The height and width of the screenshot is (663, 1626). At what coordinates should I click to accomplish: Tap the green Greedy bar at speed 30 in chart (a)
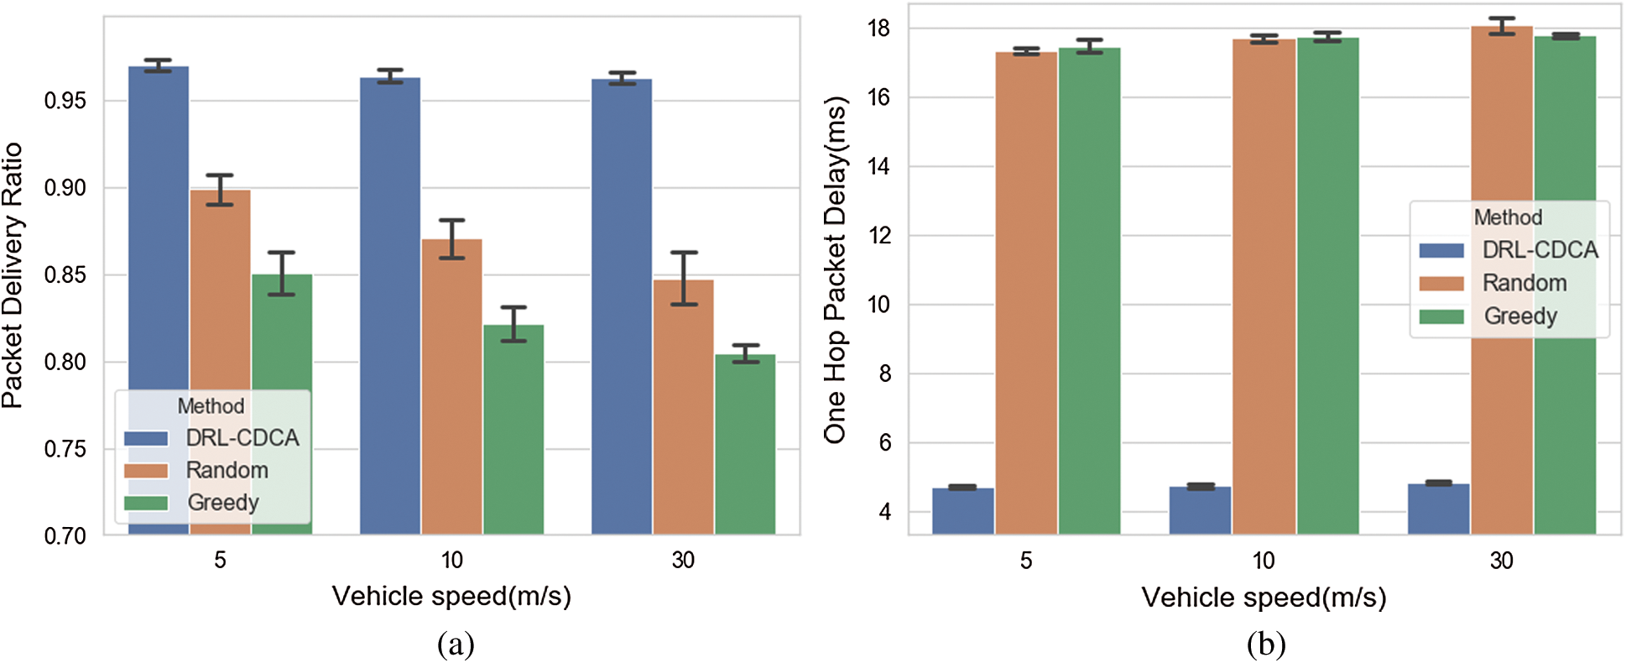745,445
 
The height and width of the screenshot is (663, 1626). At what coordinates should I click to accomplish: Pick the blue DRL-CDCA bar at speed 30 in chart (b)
1438,509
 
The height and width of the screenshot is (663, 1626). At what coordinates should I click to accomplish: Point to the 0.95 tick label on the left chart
65,102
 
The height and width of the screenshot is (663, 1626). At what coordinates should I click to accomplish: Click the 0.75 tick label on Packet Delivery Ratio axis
65,449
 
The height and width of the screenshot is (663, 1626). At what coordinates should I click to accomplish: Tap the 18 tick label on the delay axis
878,29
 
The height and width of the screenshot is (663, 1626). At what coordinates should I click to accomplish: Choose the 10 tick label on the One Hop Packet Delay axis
878,305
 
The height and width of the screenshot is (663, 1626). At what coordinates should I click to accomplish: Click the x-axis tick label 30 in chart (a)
683,560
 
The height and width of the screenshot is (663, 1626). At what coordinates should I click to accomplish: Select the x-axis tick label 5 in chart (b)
1025,561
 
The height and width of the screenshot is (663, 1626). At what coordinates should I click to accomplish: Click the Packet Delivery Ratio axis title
13,275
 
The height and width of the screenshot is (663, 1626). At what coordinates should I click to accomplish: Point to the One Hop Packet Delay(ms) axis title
835,270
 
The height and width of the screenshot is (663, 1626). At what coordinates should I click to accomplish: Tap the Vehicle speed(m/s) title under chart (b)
1264,598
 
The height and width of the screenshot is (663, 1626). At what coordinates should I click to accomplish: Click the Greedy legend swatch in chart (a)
146,503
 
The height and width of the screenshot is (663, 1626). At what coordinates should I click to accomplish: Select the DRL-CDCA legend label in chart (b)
1540,250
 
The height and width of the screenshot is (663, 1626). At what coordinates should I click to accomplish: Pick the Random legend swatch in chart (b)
1441,284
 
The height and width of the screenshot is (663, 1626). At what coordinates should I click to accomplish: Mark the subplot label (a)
456,644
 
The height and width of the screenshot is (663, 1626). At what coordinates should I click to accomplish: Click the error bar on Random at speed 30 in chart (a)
684,278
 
